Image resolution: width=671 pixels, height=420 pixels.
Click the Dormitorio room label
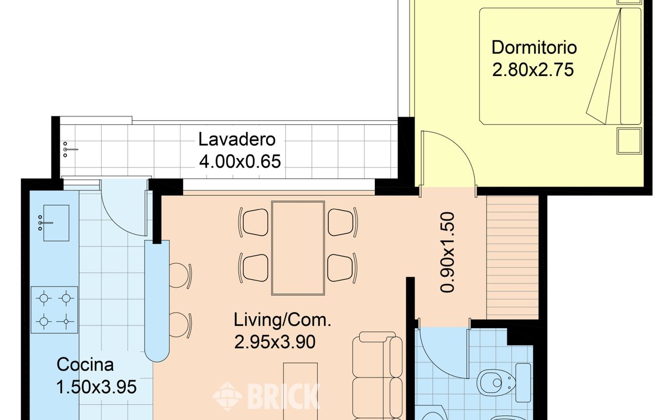tap(534, 47)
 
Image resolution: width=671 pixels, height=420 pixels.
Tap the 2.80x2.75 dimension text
tap(533, 70)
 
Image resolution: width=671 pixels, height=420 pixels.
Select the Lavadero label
tap(236, 140)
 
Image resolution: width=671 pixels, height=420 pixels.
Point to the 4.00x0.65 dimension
tap(240, 161)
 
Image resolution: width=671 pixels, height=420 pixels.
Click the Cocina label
tap(85, 365)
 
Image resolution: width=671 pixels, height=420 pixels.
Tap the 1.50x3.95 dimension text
tap(96, 387)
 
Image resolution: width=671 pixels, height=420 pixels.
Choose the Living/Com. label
tap(283, 320)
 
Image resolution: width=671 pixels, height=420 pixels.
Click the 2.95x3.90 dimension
tap(275, 342)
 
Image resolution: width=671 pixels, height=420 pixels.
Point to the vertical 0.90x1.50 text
tap(448, 252)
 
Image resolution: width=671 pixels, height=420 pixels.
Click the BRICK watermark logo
tap(266, 396)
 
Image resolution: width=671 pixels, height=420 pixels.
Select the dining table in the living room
tap(298, 248)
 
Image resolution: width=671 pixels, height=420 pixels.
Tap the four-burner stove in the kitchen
tap(55, 310)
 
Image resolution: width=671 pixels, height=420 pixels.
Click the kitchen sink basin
tap(56, 223)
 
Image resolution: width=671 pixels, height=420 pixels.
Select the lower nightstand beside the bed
tap(629, 141)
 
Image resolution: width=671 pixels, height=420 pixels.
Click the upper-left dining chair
tap(254, 222)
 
